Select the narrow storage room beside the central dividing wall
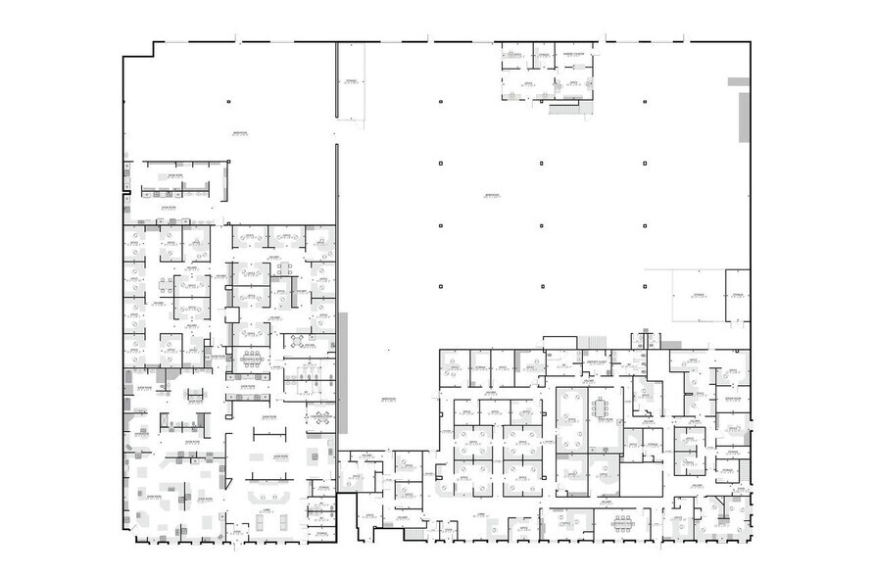[x=350, y=84]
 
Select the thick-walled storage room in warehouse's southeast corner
[x=736, y=296]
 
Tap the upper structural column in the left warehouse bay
[x=227, y=101]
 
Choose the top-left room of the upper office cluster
[x=513, y=56]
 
